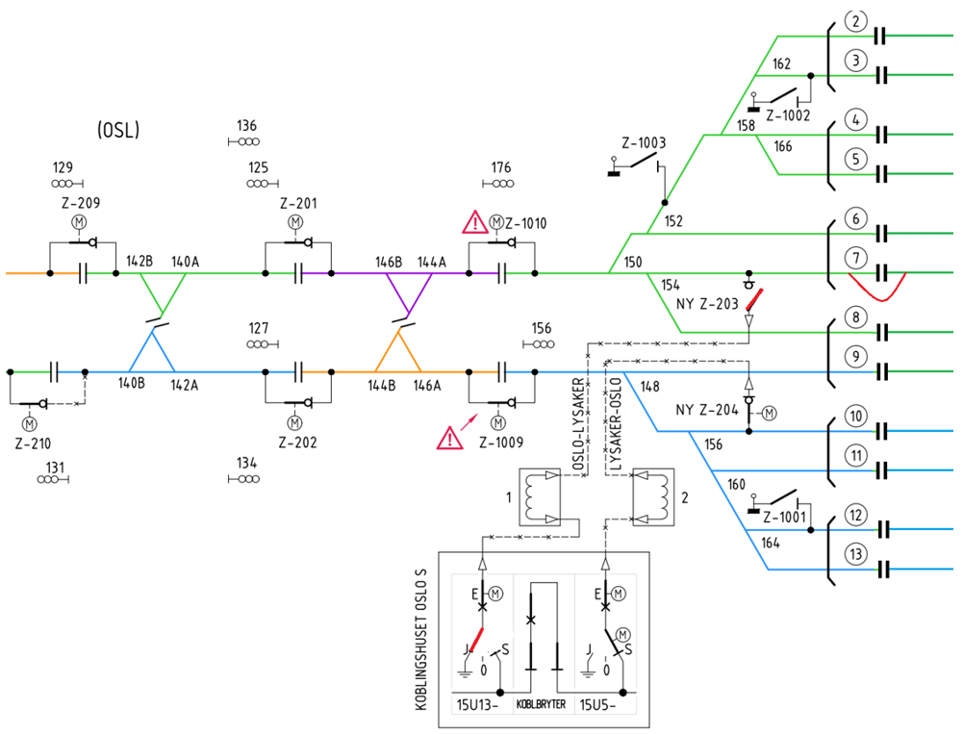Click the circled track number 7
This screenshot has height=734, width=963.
[855, 258]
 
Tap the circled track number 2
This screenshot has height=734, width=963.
[855, 20]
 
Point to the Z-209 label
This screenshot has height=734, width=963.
[78, 203]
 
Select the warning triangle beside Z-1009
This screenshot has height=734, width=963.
[449, 439]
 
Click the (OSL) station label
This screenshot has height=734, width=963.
[118, 130]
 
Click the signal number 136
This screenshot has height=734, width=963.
[247, 126]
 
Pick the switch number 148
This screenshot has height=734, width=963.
[650, 387]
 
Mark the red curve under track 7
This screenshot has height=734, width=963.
[876, 288]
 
